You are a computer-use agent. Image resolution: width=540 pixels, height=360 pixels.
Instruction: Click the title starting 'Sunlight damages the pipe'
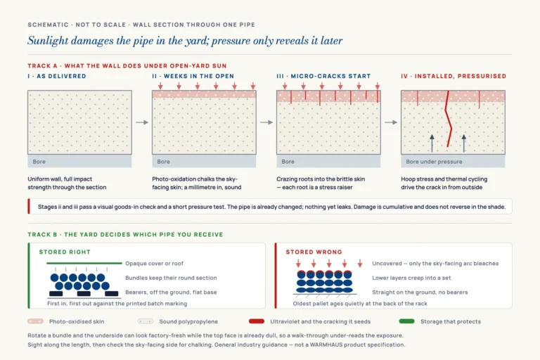[x=185, y=41]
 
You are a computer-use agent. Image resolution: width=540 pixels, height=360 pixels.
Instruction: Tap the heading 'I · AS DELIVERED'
[x=57, y=76]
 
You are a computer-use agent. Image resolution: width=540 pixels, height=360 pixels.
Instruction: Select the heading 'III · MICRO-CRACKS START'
[x=323, y=76]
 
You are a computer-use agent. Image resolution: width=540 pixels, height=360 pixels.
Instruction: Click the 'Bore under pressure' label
[x=434, y=162]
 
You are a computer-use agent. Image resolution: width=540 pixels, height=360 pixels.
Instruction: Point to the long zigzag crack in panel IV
[x=449, y=119]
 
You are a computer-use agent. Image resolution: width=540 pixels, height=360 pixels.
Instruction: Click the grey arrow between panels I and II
[x=142, y=122]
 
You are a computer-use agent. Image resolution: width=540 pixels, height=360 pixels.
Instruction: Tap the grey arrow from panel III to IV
[x=391, y=122]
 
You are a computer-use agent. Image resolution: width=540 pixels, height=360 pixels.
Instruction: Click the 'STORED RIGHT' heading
[x=65, y=252]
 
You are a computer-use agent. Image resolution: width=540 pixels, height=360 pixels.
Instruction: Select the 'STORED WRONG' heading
[x=314, y=252]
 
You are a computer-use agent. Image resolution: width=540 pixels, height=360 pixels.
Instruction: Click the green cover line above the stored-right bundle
[x=84, y=263]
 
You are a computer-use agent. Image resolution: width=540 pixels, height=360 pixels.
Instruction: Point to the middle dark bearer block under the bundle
[x=84, y=293]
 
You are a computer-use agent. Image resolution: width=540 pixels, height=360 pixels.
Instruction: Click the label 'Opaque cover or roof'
[x=154, y=264]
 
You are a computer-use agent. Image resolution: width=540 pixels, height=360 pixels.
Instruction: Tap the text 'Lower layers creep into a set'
[x=411, y=278]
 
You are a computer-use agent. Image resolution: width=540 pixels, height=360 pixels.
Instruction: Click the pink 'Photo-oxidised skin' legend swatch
[x=35, y=321]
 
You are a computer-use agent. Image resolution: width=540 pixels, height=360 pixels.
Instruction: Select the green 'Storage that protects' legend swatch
[x=406, y=321]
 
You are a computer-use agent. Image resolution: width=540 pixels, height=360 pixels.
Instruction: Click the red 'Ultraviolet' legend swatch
[x=257, y=321]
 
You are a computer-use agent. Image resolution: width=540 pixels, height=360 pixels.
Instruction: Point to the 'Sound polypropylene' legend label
[x=188, y=321]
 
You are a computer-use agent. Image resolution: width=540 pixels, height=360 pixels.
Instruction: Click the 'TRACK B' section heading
[x=125, y=235]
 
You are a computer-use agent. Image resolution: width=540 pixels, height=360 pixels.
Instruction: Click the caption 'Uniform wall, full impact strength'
[x=67, y=184]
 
